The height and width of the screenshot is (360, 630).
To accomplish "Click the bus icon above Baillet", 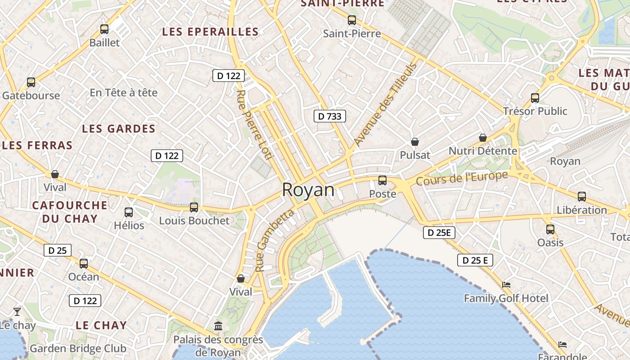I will pos(104,29).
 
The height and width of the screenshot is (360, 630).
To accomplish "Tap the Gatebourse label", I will pos(31,95).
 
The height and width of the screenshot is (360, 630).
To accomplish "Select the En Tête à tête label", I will pos(124,93).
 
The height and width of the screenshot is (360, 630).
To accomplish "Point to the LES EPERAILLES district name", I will pos(211,31).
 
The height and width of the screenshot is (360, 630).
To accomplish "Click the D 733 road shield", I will pos(330,116).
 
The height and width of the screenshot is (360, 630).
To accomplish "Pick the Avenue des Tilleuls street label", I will pos(386,104).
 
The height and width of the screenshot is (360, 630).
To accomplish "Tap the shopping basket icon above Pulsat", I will pos(415,142).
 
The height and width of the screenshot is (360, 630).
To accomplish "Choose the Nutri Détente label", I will pos(483,151).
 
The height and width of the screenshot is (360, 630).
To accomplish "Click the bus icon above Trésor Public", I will pos(535,98).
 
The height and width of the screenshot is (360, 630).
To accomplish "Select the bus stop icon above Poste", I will pos(382,180).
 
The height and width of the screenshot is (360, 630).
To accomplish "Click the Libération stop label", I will pos(582,210).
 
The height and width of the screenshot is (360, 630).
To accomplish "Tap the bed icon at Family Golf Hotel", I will pos(506,285).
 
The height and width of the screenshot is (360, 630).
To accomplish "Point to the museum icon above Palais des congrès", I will pos(218,325).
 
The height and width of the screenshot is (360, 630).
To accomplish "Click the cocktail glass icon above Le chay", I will pos(17,311).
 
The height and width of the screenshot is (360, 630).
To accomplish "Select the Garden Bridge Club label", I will pos(78,348).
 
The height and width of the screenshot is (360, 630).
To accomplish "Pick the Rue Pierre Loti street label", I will pos(255,125).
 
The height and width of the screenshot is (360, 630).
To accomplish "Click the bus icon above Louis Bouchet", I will pos(194,207).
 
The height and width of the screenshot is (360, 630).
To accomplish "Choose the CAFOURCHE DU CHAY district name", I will pos(70,212).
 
